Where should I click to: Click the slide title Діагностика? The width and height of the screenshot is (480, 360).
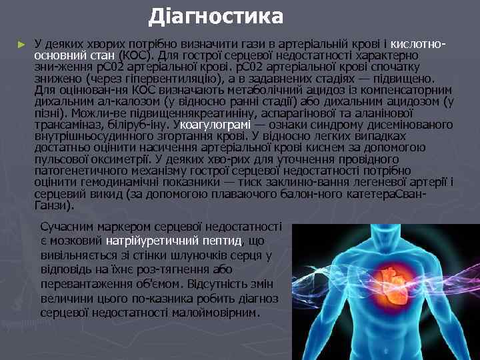[216, 15]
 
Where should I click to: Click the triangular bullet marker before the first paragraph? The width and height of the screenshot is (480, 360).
[21, 44]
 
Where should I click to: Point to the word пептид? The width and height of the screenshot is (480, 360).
[222, 240]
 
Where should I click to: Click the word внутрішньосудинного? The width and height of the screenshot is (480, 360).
[89, 135]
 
